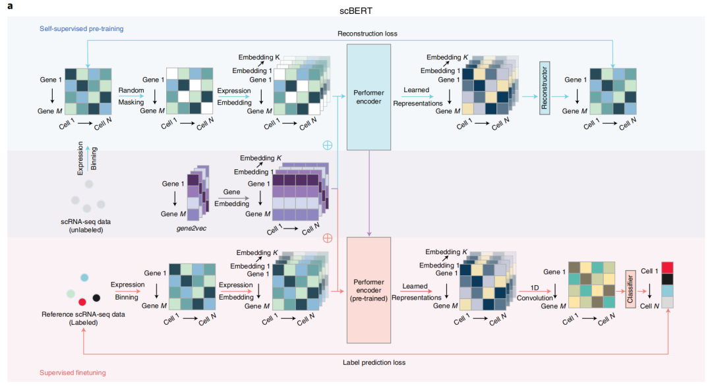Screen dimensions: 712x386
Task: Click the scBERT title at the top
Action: [x=356, y=11]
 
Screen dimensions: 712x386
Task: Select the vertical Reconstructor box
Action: [x=545, y=88]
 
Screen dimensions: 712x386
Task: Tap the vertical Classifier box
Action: [x=630, y=289]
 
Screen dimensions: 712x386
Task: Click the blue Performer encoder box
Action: [x=369, y=97]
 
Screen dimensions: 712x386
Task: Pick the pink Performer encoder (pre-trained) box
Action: [x=369, y=290]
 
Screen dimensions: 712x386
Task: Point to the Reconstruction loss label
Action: [x=367, y=34]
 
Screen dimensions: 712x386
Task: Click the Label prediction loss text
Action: [x=374, y=362]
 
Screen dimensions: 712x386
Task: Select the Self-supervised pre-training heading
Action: [x=81, y=28]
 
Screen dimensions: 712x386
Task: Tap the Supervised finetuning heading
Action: [x=73, y=372]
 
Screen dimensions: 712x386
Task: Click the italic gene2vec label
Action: [x=191, y=228]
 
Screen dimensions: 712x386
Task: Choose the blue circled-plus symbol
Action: [x=328, y=145]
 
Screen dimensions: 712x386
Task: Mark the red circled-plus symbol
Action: [x=328, y=238]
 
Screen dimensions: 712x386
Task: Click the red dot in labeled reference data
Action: [x=82, y=302]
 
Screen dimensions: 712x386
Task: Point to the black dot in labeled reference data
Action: [x=96, y=298]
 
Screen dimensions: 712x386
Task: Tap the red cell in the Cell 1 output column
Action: [x=667, y=267]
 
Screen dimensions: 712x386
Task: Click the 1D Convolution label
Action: [x=535, y=293]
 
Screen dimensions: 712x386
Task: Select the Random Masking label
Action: [x=131, y=96]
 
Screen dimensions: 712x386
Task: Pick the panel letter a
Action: [x=10, y=7]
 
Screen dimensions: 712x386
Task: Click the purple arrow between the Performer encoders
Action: [x=369, y=194]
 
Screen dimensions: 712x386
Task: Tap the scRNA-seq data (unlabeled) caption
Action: [x=86, y=226]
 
